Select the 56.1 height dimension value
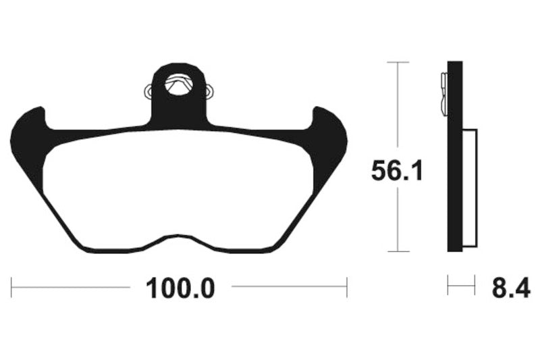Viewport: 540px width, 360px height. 397,171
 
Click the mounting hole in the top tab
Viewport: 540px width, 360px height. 179,85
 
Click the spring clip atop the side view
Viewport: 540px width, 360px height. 443,91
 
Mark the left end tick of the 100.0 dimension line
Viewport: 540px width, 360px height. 12,286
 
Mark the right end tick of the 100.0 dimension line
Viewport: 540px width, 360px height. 347,286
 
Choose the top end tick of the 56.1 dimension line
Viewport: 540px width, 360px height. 398,62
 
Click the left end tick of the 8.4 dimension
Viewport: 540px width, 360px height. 448,286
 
